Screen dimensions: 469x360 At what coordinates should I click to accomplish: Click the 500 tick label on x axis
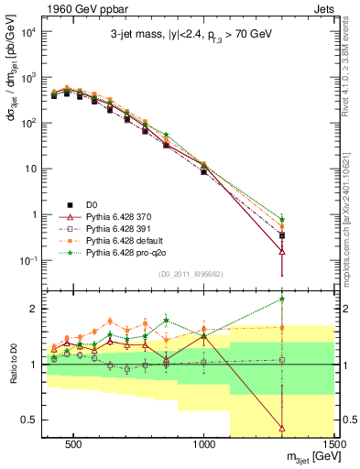pos(76,446)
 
